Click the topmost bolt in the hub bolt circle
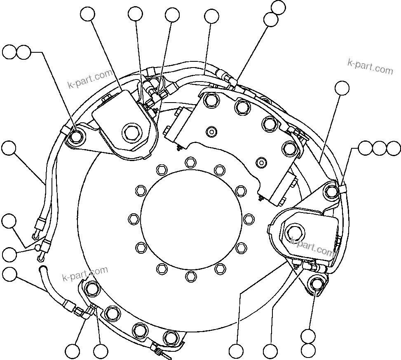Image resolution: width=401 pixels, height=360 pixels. point(190,161)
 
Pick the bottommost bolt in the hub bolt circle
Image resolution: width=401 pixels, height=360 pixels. point(190,275)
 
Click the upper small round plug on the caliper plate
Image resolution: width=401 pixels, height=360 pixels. point(211,131)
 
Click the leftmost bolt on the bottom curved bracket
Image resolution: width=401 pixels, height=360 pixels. point(91,288)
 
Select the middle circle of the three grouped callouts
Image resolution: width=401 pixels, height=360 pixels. point(380,148)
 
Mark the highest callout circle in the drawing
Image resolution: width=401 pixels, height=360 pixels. point(279,7)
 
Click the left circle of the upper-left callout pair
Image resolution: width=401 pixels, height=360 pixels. point(10,52)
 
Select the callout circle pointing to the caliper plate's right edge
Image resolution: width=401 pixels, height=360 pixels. point(342,88)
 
